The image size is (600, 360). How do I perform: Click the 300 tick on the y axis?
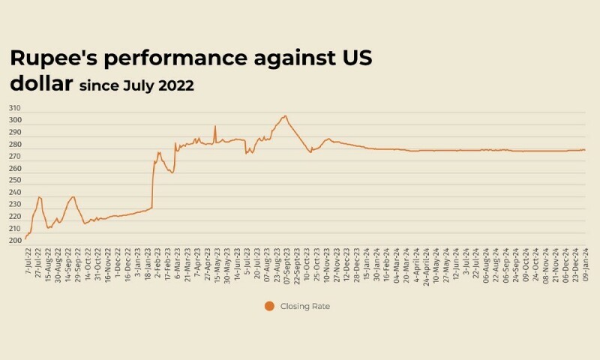pos(16,121)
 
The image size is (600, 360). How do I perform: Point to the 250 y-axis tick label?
pos(16,181)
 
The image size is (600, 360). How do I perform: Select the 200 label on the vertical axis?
pos(16,241)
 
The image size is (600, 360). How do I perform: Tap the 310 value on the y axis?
pos(16,109)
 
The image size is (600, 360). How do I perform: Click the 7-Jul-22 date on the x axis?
pos(28,262)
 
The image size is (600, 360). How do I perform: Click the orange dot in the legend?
pos(269,305)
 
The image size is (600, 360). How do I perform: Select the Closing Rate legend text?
pos(304,306)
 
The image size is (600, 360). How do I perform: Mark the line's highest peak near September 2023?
pos(285,116)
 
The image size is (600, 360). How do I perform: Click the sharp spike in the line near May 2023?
pos(215,126)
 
